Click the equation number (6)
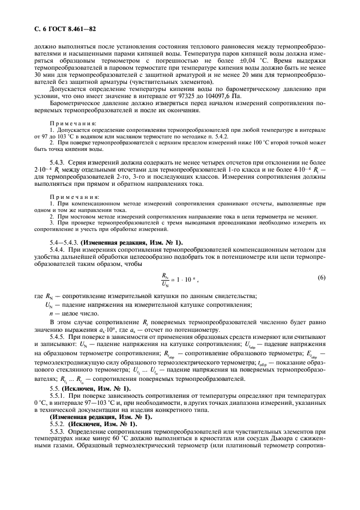pos(322,277)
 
